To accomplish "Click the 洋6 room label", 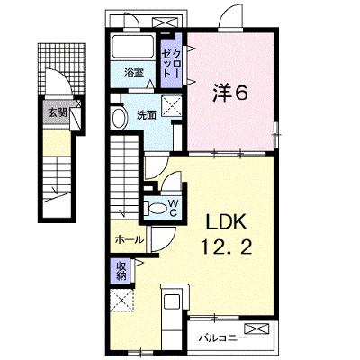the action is [x=230, y=94].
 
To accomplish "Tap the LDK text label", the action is [x=226, y=223].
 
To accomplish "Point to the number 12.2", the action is [x=227, y=247].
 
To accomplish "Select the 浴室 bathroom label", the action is [x=134, y=73].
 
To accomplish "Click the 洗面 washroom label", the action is [x=147, y=115].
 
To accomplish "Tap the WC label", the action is [x=173, y=208].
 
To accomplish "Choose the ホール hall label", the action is [x=130, y=239].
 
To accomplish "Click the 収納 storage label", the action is [x=121, y=271].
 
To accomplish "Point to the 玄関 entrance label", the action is [x=57, y=112].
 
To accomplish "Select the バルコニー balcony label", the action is [x=223, y=338].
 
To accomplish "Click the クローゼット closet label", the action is [x=171, y=64].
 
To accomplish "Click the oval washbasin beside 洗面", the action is [x=119, y=118].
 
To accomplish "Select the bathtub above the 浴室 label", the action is [x=132, y=47].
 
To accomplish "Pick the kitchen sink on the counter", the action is [x=171, y=301].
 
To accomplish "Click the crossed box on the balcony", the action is [x=256, y=328].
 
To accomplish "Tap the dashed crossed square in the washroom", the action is [x=172, y=105].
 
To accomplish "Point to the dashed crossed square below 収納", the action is [x=121, y=301].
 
